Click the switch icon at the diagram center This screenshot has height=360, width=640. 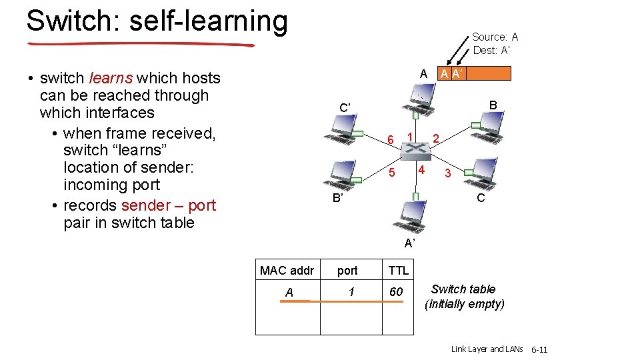coord(415,152)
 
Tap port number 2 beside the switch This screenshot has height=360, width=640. coord(435,139)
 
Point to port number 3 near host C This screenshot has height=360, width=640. coord(448,173)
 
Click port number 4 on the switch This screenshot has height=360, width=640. coord(421,169)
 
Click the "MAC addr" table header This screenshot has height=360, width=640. coord(287,270)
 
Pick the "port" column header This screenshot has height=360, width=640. coord(347,271)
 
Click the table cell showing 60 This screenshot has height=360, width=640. coord(396,292)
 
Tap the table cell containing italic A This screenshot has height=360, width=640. coord(289,292)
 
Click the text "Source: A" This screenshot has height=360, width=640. coord(495,37)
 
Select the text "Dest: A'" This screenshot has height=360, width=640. coord(494,50)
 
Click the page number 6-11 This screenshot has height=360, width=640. coord(539,349)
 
